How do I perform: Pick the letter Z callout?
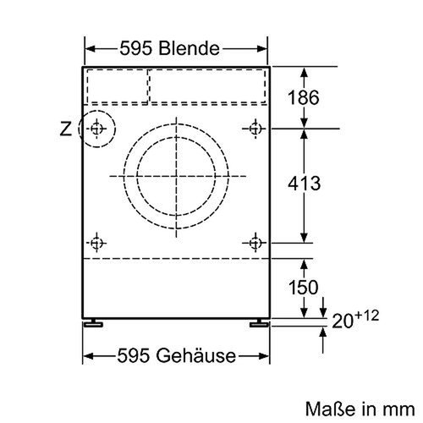(x=66, y=129)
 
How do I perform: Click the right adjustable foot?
(x=256, y=323)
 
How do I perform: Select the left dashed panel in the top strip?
(x=116, y=85)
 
